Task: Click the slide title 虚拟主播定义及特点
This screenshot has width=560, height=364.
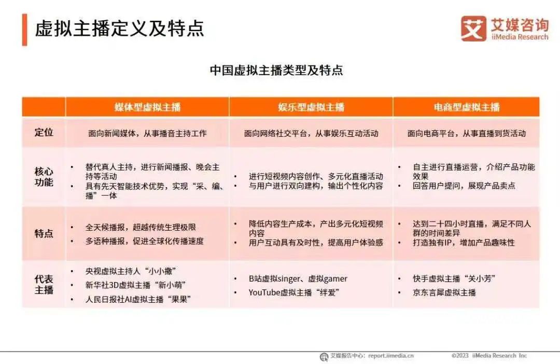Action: click(x=119, y=29)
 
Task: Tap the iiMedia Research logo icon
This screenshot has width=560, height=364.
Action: click(x=473, y=29)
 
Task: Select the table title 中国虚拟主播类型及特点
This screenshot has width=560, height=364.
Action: click(x=276, y=71)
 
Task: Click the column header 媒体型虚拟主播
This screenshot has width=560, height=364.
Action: click(x=148, y=107)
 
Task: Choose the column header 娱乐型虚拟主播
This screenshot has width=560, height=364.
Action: click(x=311, y=107)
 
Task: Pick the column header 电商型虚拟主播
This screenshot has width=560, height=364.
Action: click(x=466, y=107)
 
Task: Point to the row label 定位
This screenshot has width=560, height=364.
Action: click(x=44, y=132)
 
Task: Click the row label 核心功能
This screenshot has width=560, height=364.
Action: click(x=44, y=176)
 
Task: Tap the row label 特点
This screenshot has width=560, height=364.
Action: click(x=44, y=233)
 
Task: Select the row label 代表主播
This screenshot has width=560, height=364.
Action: click(x=44, y=284)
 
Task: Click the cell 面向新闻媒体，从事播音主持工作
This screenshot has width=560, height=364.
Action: click(x=148, y=133)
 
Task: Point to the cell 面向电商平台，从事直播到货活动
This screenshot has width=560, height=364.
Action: click(x=467, y=133)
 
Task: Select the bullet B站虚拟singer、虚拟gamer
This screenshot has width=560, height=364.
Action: click(x=298, y=278)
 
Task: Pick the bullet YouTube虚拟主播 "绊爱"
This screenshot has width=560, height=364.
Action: click(x=293, y=292)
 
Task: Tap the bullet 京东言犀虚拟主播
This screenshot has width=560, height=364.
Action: click(x=444, y=292)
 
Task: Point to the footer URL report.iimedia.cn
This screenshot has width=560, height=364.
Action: click(x=391, y=356)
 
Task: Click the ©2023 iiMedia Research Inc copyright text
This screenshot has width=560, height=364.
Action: click(x=489, y=356)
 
